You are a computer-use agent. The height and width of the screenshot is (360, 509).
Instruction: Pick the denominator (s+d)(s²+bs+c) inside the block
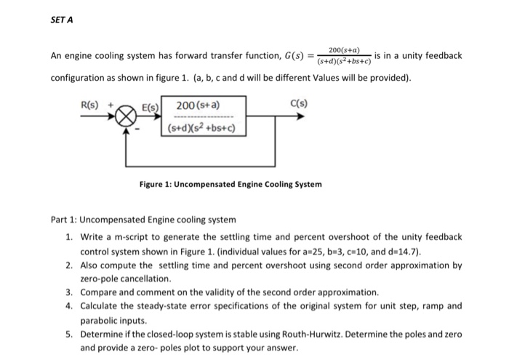click(x=200, y=129)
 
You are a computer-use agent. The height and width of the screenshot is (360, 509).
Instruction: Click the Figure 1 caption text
click(x=231, y=185)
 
